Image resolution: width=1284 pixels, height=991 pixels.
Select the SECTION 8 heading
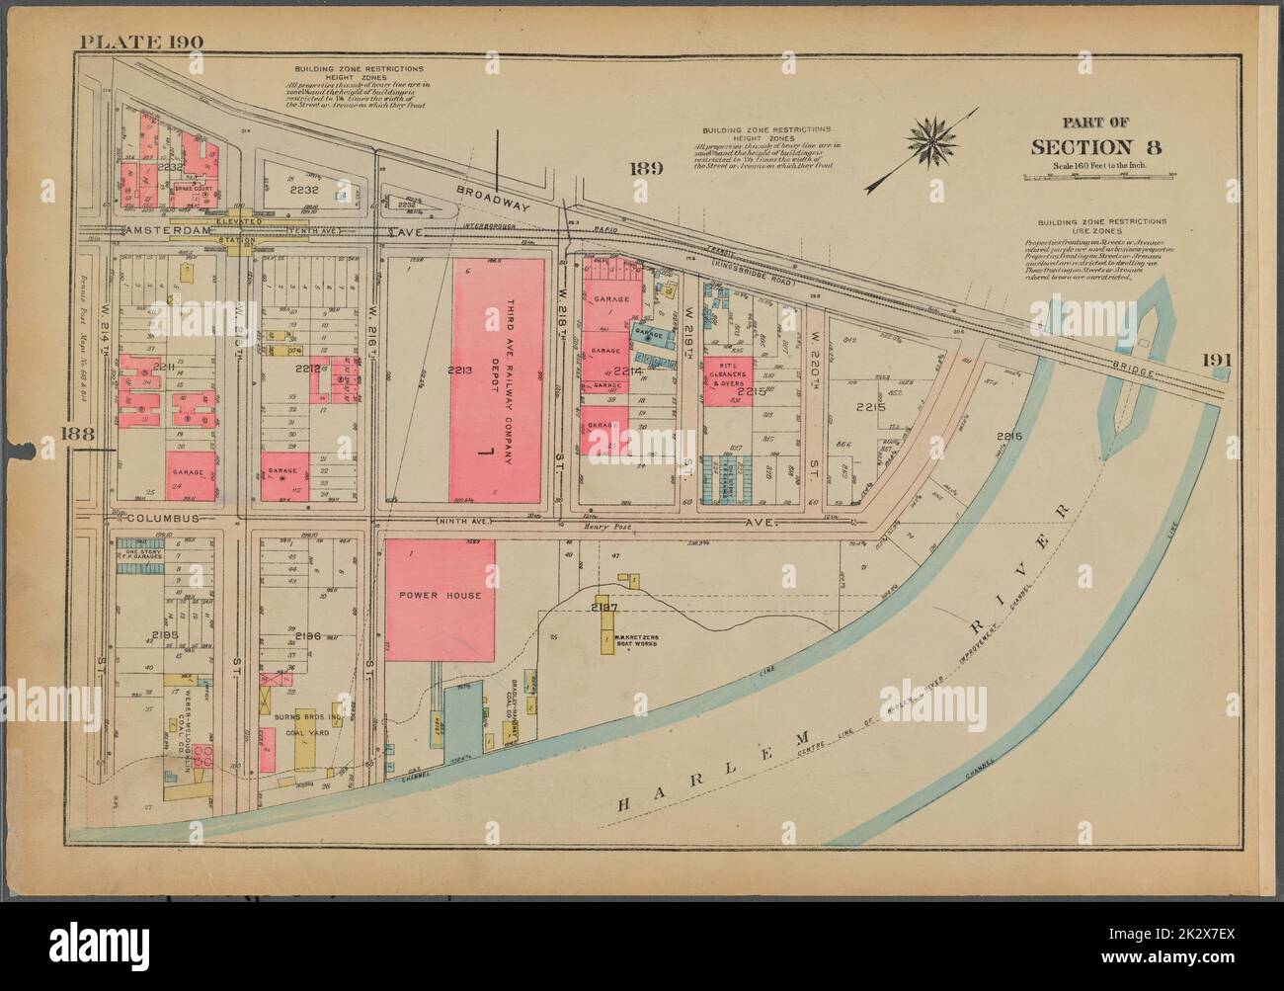coord(1095,147)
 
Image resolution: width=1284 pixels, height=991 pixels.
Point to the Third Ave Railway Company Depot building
coord(499,380)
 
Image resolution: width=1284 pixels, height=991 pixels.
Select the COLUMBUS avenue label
coord(163,518)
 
